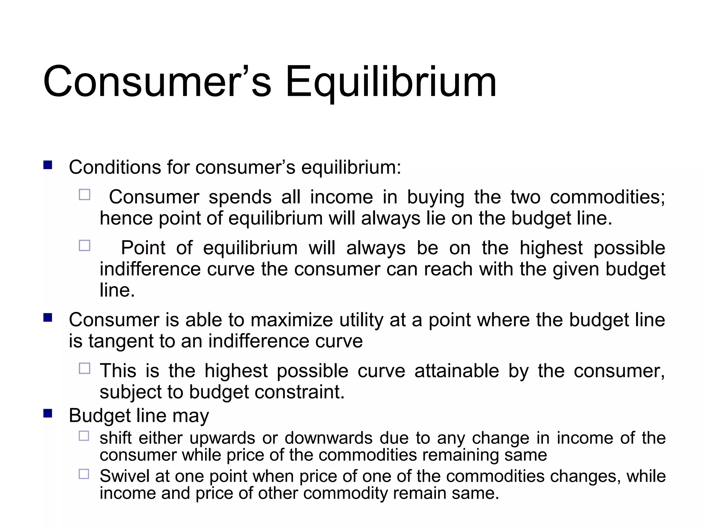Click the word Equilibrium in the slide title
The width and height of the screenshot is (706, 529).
(x=391, y=83)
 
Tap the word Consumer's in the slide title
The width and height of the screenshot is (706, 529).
(x=157, y=83)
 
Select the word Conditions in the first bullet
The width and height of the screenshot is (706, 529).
(x=115, y=168)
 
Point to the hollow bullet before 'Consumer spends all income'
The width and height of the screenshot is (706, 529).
(x=84, y=195)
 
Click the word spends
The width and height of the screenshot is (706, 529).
(x=240, y=197)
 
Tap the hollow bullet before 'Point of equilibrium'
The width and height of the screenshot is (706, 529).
(x=84, y=246)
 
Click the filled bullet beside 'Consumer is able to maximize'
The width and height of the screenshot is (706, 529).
(x=48, y=317)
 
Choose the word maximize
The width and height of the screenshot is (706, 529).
(x=291, y=320)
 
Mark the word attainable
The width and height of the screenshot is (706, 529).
(x=456, y=371)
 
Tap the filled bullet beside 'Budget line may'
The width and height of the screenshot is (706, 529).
(x=48, y=413)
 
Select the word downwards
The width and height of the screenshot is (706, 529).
(x=328, y=438)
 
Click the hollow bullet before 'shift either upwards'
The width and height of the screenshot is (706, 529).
(x=84, y=436)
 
